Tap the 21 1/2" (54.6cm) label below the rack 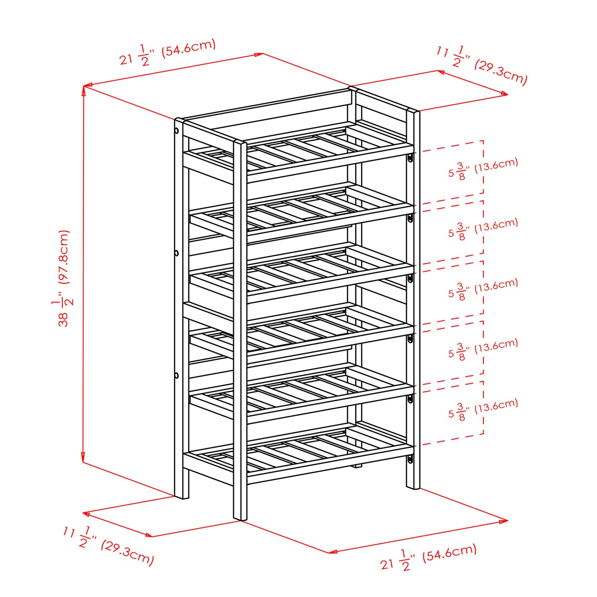click(428, 558)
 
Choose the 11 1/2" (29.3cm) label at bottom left click(109, 545)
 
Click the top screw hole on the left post click(176, 131)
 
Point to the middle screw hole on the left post click(176, 253)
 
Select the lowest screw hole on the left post click(176, 376)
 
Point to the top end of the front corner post click(240, 143)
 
